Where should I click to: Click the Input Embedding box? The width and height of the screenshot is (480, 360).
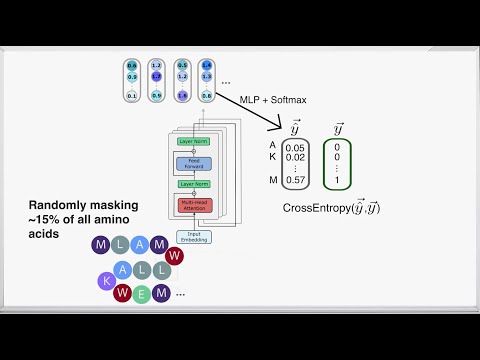tap(194, 236)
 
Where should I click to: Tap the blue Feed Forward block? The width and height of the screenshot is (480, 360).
tap(194, 162)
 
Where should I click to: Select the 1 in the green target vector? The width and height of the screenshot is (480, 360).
tap(336, 180)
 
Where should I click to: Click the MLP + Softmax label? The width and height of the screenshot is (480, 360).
tap(273, 99)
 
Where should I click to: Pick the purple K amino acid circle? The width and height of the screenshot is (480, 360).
tap(107, 282)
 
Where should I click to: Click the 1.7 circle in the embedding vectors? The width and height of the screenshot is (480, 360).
tap(155, 76)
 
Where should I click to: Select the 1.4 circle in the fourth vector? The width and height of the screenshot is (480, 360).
tap(206, 65)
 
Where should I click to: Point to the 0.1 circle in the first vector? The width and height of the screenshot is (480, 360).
tap(131, 95)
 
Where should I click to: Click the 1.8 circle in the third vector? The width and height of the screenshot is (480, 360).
tap(181, 95)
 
